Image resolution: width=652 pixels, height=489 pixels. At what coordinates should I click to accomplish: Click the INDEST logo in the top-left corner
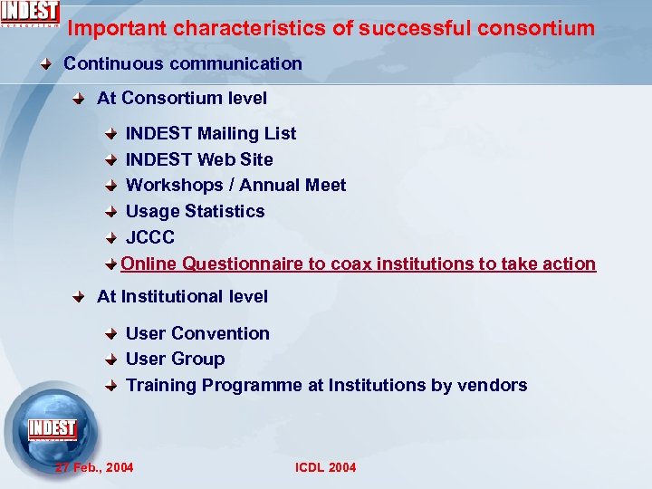(30, 14)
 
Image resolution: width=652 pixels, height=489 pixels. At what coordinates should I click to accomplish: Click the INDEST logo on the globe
(52, 428)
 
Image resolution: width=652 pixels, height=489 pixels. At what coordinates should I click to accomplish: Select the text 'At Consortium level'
(182, 98)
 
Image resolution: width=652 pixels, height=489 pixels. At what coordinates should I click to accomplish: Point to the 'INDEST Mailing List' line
(211, 133)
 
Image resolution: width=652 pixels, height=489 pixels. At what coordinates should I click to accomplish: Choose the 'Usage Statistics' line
(196, 211)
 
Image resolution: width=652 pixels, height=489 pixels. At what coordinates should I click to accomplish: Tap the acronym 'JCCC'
(150, 237)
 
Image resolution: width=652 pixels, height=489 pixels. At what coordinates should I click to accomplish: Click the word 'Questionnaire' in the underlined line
(240, 264)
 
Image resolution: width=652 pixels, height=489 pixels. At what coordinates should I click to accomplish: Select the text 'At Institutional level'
(183, 296)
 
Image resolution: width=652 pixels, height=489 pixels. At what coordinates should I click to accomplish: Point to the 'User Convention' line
(197, 333)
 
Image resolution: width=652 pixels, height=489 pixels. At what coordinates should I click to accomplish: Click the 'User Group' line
(176, 359)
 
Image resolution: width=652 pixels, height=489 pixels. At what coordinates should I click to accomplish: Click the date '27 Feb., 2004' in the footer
(94, 467)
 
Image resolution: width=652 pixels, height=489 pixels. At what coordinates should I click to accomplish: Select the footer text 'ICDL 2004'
(326, 467)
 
